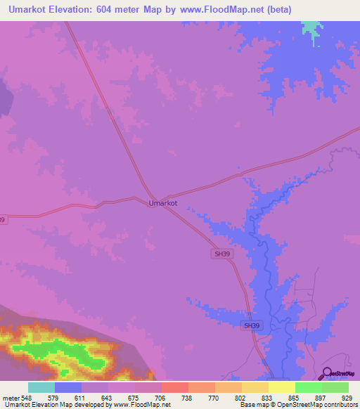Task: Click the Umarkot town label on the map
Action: [163, 203]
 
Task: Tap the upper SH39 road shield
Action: [221, 253]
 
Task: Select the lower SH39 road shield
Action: [251, 325]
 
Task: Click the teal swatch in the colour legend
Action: [41, 387]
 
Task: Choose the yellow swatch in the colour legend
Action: [282, 387]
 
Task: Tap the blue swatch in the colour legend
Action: [68, 387]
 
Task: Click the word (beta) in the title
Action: [275, 9]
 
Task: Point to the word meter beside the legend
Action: [10, 398]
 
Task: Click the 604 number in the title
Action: [120, 9]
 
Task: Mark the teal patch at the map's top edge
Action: [309, 30]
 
